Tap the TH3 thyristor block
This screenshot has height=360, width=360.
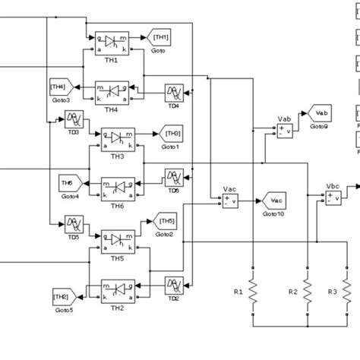[117, 139]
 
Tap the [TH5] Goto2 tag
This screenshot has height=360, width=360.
[166, 222]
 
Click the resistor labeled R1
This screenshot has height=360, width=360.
[252, 292]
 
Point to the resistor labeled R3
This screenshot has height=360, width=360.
[350, 292]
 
